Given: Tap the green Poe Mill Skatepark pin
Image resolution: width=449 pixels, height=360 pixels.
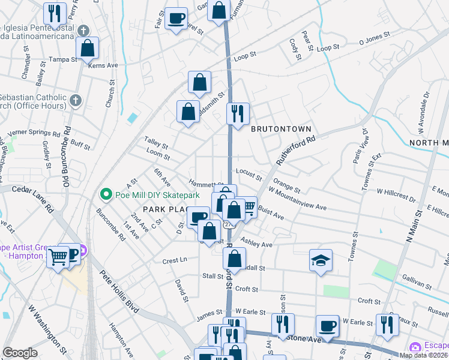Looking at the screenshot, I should pos(106,195).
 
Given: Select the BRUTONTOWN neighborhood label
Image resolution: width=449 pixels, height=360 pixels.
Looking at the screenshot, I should pos(281,129).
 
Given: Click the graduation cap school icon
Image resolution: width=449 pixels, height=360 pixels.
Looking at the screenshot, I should pos(321,261).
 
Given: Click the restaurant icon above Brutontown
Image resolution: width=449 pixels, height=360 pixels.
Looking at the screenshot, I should pos(238,113).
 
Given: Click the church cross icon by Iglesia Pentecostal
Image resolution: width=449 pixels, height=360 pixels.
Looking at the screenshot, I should pos(83,30).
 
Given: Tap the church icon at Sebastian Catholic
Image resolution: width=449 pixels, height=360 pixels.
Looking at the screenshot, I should pos(75,101).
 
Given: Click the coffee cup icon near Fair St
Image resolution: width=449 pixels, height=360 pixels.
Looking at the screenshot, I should pos(176,19).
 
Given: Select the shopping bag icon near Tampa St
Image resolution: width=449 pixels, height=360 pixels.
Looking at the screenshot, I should pos(88,48).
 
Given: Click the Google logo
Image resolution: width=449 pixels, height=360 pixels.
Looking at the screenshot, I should pos(20,353).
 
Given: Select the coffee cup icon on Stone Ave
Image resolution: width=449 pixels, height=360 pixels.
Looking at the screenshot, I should pos(327,326).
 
